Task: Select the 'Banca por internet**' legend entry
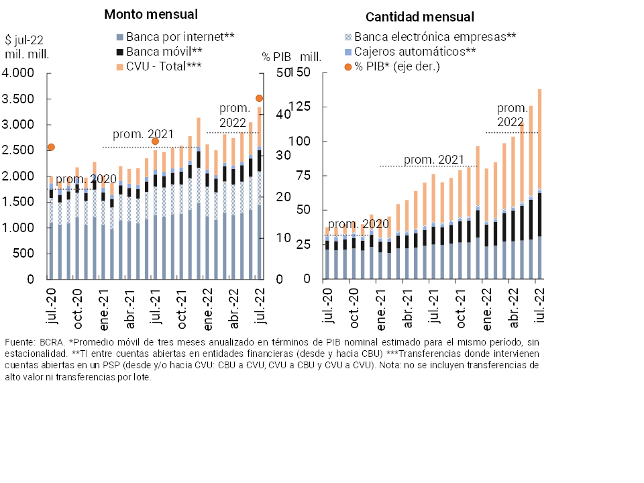[174, 37]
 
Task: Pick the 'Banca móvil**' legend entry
[159, 51]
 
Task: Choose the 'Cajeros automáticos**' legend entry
[409, 52]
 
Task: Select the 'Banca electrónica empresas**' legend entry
[429, 37]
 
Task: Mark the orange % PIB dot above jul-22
[259, 99]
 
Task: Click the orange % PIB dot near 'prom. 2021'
[155, 141]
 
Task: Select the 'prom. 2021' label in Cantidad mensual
[434, 160]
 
